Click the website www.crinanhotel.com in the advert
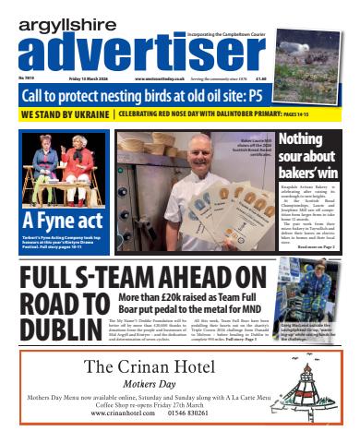129,413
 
